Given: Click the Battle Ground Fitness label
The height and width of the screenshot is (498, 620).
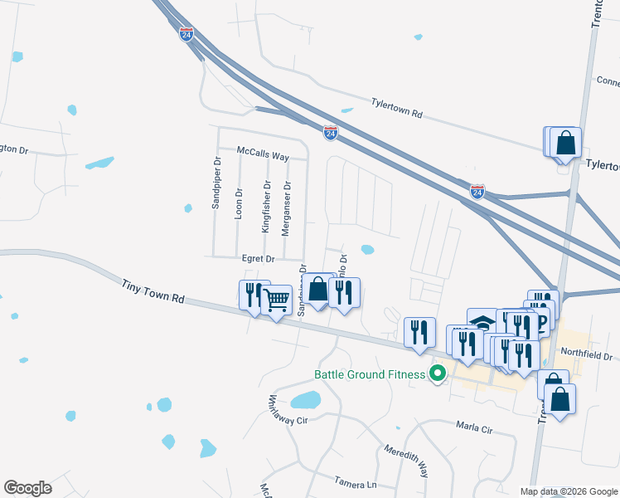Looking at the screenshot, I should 370,374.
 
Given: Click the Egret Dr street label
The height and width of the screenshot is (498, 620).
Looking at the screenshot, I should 258,259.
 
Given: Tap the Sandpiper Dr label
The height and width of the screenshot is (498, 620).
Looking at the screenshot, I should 216,183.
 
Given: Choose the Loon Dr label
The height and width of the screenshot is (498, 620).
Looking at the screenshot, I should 239,203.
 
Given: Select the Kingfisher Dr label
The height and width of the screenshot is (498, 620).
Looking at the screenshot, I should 267,207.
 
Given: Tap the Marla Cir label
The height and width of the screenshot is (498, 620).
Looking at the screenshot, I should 474,428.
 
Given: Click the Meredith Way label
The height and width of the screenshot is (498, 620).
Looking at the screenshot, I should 405,461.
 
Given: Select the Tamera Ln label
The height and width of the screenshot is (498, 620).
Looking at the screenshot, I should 356,482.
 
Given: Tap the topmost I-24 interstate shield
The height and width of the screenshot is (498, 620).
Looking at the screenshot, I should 186,35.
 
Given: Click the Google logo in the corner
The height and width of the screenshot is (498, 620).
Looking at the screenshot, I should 27,487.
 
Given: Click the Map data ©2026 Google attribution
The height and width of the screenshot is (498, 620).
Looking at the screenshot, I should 568,491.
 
